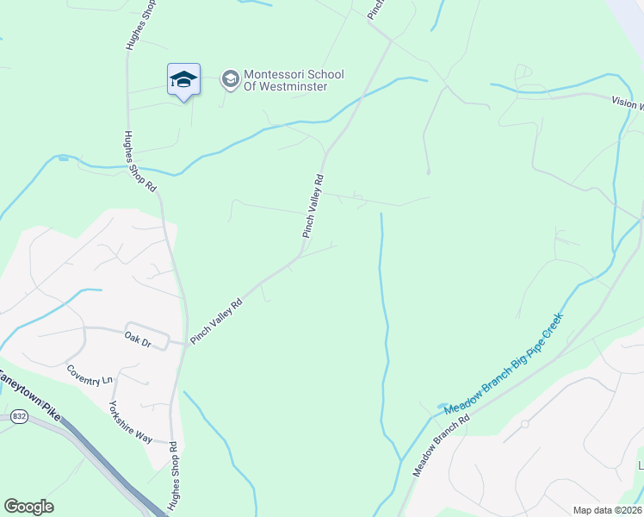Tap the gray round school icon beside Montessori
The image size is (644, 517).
click(230, 80)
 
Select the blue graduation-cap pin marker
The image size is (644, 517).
click(183, 81)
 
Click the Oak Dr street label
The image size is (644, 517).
click(137, 341)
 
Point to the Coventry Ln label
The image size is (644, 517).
click(90, 374)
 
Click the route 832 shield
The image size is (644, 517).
click(19, 417)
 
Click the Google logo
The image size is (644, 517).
click(28, 507)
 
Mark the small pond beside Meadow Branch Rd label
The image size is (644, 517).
click(443, 406)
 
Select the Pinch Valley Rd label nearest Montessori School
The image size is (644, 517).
click(313, 206)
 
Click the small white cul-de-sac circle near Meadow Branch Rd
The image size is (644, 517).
click(524, 424)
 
